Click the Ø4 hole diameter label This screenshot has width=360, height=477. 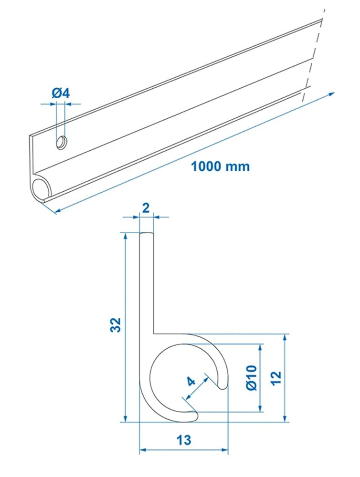(61, 93)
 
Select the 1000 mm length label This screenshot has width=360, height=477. (220, 166)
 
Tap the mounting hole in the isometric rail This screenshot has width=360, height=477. (62, 142)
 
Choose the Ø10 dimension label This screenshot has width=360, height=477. (252, 377)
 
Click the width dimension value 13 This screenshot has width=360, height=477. (183, 440)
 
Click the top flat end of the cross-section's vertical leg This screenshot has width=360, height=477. (147, 233)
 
